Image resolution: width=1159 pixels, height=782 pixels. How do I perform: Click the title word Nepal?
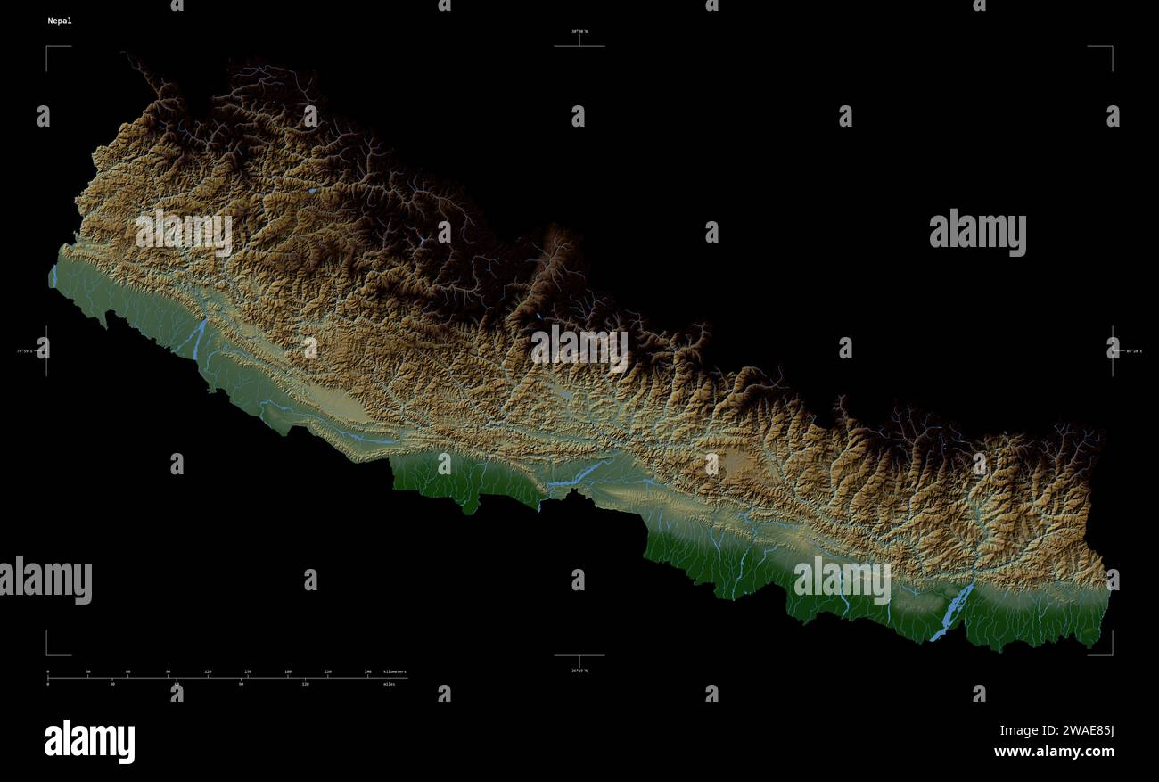(60, 21)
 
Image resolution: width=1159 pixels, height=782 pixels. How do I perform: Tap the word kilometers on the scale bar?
(394, 671)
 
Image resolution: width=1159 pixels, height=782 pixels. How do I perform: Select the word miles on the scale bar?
(389, 684)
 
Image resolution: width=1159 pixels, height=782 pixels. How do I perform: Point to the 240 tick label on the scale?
(367, 671)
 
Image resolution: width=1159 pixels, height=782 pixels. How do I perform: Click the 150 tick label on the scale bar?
(248, 671)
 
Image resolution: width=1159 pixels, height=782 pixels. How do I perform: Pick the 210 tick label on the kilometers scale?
(327, 671)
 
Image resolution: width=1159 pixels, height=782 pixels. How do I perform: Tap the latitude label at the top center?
(579, 32)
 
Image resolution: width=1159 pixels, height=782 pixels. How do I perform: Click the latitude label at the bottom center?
(579, 671)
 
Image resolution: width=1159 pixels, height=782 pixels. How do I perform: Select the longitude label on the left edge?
(24, 351)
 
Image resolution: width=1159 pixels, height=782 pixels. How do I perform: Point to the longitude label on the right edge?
(1134, 351)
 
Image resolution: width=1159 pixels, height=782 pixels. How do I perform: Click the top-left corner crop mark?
(48, 48)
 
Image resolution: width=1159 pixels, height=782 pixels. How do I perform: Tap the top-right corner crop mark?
(1110, 48)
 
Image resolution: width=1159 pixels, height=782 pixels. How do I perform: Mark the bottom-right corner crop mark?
(1110, 653)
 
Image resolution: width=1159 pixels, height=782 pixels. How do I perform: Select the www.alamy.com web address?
(1054, 752)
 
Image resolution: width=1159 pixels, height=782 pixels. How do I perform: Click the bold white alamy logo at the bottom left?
(89, 742)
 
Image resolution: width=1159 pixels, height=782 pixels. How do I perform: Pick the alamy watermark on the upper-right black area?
(977, 233)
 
